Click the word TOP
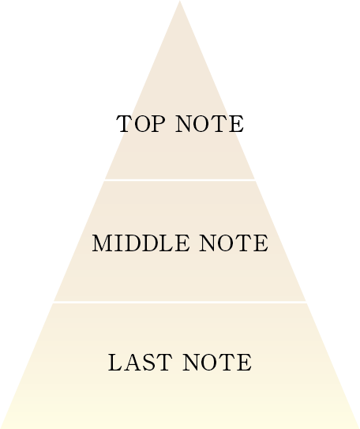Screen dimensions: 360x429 coord(141,124)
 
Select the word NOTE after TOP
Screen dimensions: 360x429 coord(210,124)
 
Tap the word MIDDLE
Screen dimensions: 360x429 coord(141,243)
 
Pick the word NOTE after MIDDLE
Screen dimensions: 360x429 coord(234,243)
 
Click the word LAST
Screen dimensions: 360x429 coord(140,363)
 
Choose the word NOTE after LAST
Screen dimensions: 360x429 coord(217,363)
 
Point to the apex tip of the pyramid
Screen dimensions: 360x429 coord(179,1)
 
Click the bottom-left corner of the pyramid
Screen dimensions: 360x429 coord(1,428)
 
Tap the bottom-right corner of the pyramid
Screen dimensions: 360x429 coord(359,428)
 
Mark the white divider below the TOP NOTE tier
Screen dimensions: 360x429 coord(180,180)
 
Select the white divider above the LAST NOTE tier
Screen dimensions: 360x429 coord(180,302)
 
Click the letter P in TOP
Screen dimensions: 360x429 coord(158,124)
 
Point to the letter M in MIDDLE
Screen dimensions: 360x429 coord(103,243)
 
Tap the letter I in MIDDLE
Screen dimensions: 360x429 coord(118,243)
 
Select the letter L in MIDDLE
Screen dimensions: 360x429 coord(167,243)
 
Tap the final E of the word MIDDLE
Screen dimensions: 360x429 coord(182,243)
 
